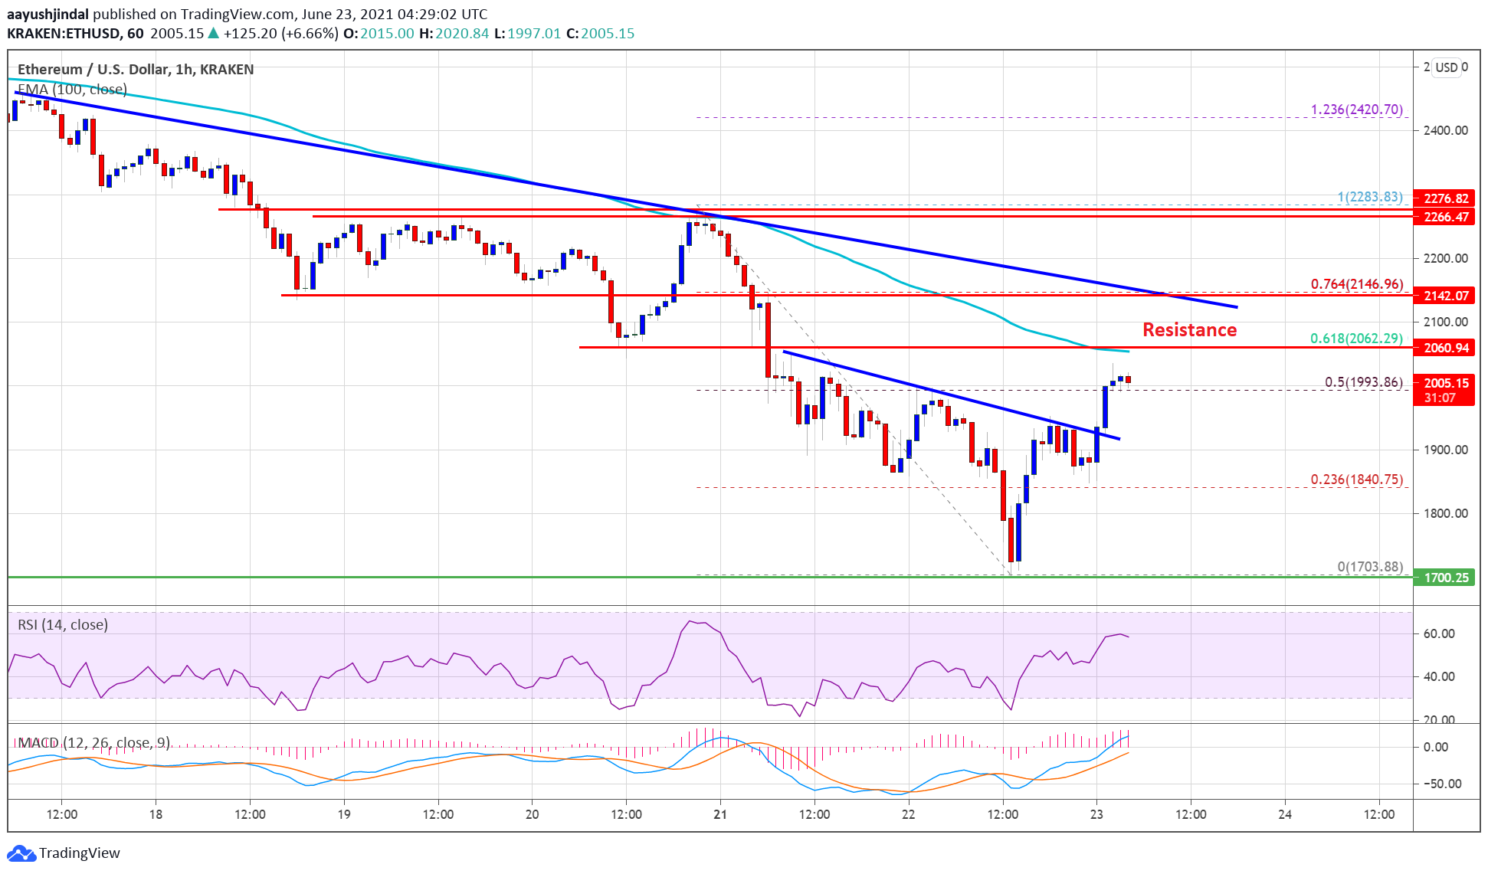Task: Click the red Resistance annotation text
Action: [x=1189, y=329]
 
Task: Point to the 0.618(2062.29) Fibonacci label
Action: [x=1355, y=338]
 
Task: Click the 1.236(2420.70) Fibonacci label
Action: [x=1356, y=110]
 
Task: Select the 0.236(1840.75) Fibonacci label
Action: [x=1356, y=480]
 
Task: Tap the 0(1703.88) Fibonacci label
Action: [x=1369, y=567]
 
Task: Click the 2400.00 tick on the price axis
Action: [x=1445, y=130]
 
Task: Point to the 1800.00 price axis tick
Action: [x=1445, y=513]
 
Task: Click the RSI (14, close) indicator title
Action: [x=63, y=624]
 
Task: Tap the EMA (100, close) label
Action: [x=72, y=90]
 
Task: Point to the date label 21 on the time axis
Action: [x=719, y=814]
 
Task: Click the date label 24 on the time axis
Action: [x=1285, y=814]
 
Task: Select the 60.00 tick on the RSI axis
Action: [x=1438, y=633]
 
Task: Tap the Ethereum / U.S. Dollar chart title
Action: [x=136, y=69]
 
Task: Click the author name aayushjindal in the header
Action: [x=48, y=14]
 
